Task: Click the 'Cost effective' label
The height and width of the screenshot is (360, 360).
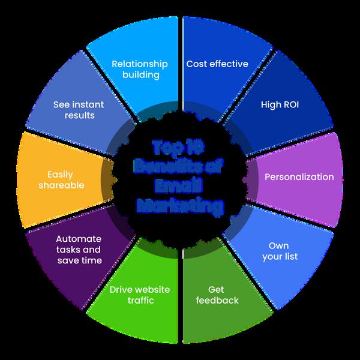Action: pos(217,64)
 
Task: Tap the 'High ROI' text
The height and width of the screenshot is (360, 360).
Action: pos(280,104)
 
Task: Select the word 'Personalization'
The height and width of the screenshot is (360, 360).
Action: pos(299,177)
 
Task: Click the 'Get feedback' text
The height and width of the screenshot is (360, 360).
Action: pos(217,295)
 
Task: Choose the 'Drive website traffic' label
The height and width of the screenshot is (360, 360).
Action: pos(139,295)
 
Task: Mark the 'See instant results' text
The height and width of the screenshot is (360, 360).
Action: pos(79,110)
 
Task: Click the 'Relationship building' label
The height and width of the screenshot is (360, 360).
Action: pos(139,70)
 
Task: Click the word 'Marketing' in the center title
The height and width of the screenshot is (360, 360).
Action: pos(179,207)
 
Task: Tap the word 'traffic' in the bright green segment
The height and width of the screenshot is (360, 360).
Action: pos(139,300)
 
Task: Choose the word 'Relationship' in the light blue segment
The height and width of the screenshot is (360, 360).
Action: pos(139,64)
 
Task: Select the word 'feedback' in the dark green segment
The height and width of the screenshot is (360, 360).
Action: pos(217,300)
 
